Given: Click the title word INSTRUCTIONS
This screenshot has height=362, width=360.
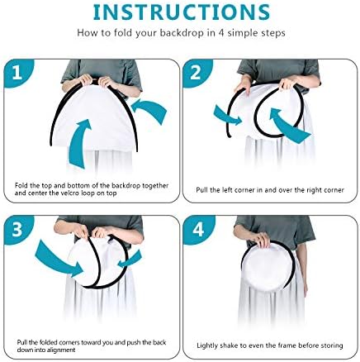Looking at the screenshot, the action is tap(182, 12).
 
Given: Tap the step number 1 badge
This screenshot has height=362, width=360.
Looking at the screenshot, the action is tap(17, 73).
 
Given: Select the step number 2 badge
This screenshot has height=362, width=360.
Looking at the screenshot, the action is tap(196, 73).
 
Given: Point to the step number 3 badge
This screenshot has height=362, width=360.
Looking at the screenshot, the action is tap(17, 229).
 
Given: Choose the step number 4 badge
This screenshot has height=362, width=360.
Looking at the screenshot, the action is tap(197, 229).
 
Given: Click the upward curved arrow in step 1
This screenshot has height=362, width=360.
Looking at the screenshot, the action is tap(78, 143).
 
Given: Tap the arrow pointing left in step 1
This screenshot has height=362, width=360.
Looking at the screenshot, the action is tap(150, 109).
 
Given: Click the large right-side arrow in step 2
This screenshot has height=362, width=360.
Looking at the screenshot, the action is tap(287, 126).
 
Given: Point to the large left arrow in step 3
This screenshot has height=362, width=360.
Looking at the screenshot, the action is tap(59, 259).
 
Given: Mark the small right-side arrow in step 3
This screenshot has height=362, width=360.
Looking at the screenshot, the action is tap(130, 260).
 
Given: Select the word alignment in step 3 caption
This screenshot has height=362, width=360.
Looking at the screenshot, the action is tap(61, 350).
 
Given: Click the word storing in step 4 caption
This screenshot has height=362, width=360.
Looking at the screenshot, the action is tap(333, 345).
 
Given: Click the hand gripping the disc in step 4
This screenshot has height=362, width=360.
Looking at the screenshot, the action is tap(262, 240).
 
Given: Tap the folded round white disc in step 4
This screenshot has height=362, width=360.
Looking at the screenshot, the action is tap(266, 267).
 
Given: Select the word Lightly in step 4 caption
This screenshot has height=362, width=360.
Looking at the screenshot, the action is tap(207, 345).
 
